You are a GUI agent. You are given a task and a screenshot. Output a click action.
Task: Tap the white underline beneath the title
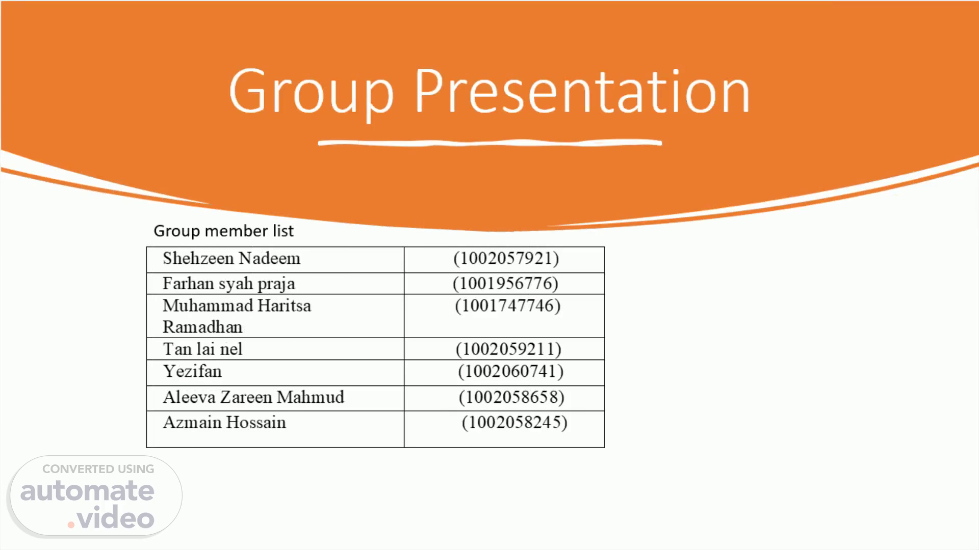point(490,143)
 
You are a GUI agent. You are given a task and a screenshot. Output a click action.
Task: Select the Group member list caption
point(223,231)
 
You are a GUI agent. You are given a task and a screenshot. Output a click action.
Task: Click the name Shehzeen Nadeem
point(231,258)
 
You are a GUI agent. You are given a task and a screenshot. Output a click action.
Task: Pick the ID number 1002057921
point(506,258)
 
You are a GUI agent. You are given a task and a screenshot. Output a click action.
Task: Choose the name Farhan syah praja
point(228,284)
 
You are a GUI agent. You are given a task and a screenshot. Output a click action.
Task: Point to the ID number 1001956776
point(505,283)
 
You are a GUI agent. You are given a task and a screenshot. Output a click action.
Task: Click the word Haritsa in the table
point(284,306)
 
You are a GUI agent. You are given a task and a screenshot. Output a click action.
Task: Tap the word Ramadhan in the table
point(202,327)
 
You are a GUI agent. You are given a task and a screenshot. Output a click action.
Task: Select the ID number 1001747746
point(507,306)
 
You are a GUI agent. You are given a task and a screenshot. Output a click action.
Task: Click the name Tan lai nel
point(202,349)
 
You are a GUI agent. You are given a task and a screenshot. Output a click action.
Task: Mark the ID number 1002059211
point(508,349)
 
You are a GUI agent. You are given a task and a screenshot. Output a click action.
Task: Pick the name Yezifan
point(192,371)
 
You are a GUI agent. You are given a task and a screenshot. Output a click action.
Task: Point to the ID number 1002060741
point(510,371)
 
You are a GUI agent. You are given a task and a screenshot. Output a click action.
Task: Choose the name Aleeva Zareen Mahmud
point(253,397)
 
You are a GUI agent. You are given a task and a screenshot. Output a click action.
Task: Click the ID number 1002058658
point(511,397)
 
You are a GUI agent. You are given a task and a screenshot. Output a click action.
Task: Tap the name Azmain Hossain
point(224,423)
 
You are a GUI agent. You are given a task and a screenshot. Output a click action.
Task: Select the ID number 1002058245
point(514,423)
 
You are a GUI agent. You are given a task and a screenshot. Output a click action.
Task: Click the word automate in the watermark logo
point(87,491)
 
